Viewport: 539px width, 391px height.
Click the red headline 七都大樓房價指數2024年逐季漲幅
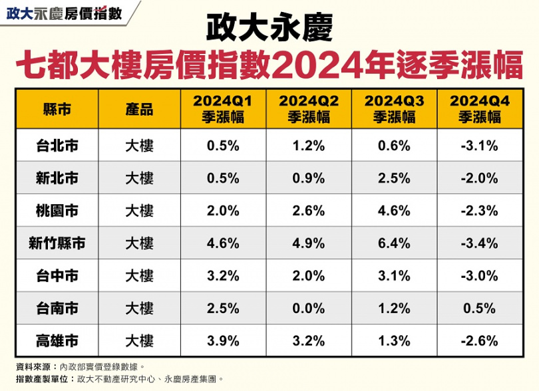[269, 67]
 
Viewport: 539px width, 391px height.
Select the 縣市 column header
[57, 109]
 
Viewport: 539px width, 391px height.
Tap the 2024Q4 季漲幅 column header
[479, 109]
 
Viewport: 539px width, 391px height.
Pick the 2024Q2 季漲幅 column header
[309, 109]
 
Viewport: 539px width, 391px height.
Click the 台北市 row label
[57, 146]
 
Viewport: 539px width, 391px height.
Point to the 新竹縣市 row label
[57, 243]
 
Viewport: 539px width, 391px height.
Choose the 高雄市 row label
[57, 341]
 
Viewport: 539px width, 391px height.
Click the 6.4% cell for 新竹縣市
[394, 243]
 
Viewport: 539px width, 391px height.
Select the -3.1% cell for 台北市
[479, 146]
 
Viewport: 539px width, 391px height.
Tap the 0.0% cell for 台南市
[309, 309]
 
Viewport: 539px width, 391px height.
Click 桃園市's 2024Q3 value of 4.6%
[394, 211]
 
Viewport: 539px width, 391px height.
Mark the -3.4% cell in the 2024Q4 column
[479, 243]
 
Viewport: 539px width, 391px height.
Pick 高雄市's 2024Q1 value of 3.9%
[223, 341]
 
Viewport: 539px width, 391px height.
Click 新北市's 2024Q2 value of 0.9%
[309, 178]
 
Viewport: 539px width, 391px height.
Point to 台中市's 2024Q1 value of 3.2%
[223, 276]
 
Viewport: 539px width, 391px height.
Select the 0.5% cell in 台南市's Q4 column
[479, 309]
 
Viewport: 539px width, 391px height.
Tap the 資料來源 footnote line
[79, 366]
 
